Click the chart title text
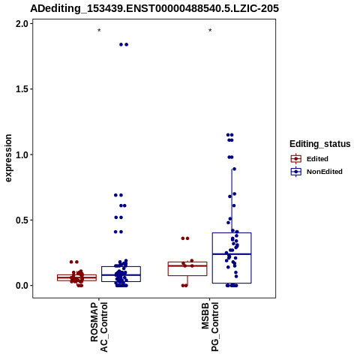click(154, 8)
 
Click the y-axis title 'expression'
click(8, 158)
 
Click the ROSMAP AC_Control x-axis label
click(99, 327)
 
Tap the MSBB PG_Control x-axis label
click(210, 327)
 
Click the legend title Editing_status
click(320, 144)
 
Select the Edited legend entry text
click(317, 159)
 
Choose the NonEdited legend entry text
click(325, 172)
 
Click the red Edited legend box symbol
click(296, 159)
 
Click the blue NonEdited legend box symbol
click(296, 172)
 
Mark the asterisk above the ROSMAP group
click(99, 31)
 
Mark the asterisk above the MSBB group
click(210, 31)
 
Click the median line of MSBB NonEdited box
click(232, 254)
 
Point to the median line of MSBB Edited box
click(187, 265)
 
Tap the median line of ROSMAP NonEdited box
click(121, 275)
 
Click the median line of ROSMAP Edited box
click(76, 277)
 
